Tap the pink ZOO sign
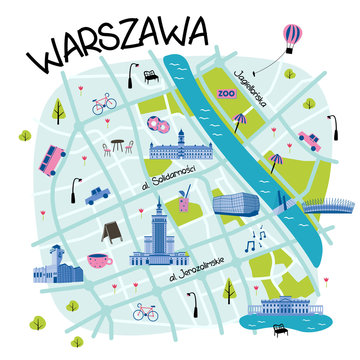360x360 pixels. point(225,92)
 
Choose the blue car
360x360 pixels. point(97,195)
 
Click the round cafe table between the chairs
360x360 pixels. point(117,146)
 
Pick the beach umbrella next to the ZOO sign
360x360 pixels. point(239,120)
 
